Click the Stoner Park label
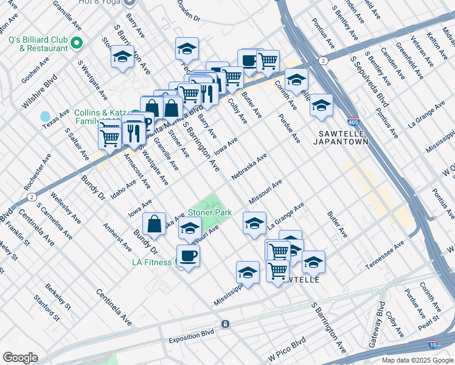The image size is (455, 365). pos(209,213)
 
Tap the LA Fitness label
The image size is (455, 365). pos(152,262)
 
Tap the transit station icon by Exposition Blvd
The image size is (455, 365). pos(225,324)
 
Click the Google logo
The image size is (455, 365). pos(20,358)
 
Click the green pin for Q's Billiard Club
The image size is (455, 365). pos(77,43)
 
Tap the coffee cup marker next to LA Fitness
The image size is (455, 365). pos(188,256)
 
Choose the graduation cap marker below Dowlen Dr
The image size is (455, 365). pos(187,49)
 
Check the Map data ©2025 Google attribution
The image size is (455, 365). pos(417,360)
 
